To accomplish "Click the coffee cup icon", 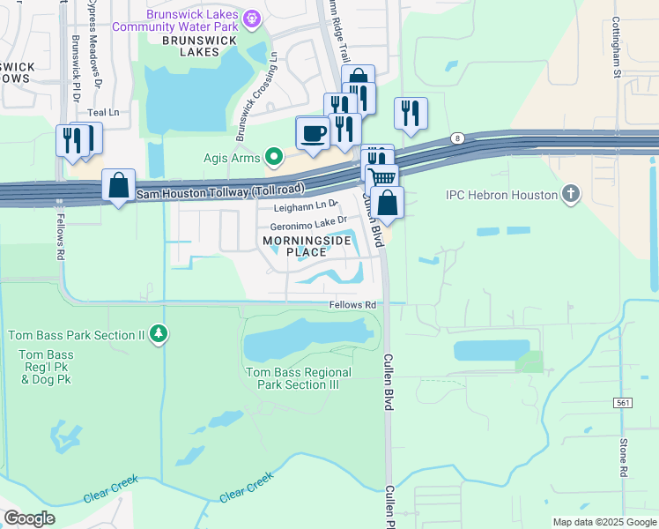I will tap(312, 134).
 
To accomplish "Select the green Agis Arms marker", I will tap(275, 158).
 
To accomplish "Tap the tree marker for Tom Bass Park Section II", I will tap(159, 334).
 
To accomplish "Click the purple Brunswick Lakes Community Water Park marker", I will tap(252, 17).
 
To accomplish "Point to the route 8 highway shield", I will tap(457, 138).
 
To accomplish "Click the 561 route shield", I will tap(622, 402).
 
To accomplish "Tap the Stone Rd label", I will tap(623, 458).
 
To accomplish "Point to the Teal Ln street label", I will tap(103, 113).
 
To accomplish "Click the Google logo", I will tap(30, 518).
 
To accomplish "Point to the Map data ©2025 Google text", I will tap(603, 522).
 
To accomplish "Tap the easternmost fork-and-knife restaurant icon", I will tap(411, 114).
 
